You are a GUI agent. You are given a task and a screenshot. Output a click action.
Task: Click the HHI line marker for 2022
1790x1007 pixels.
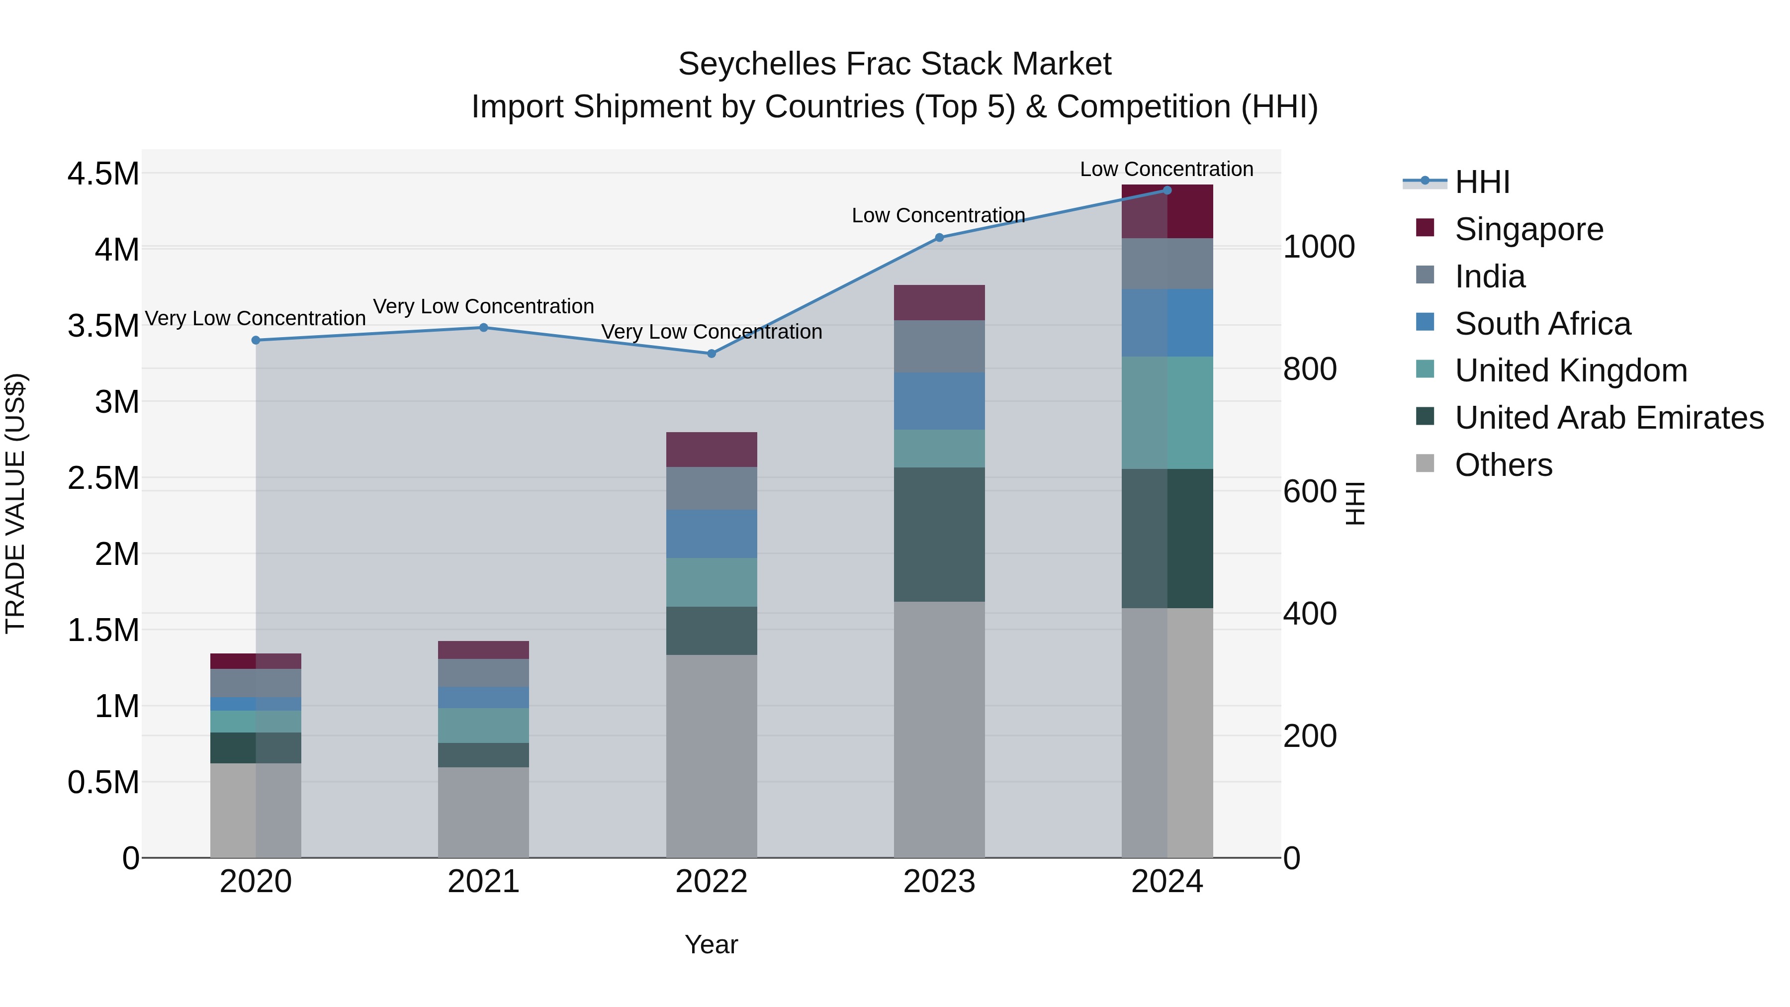click(711, 354)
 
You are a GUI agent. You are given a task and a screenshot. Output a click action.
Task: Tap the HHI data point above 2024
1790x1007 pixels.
click(1166, 190)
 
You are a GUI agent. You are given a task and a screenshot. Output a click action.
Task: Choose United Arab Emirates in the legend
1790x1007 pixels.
click(1609, 418)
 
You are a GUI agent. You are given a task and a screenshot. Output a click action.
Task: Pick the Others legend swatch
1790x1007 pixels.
click(1425, 463)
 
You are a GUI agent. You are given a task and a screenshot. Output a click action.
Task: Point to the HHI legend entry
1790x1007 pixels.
click(1482, 182)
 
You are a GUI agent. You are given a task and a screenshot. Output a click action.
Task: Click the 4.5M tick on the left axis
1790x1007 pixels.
click(103, 174)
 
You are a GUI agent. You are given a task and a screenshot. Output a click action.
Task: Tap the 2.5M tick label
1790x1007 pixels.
click(103, 478)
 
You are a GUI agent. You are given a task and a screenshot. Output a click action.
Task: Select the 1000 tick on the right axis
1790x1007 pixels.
click(1318, 248)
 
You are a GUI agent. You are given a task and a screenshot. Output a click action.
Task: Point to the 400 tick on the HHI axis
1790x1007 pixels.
click(1309, 614)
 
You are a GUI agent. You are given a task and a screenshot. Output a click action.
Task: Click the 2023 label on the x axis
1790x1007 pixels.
click(939, 882)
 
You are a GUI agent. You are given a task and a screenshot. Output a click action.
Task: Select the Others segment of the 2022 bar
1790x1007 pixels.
click(711, 755)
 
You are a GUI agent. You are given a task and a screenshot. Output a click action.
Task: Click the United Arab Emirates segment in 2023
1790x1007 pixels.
click(939, 535)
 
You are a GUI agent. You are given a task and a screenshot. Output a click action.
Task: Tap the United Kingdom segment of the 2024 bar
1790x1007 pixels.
click(1166, 413)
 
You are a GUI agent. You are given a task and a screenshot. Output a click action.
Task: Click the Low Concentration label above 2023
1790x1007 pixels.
click(938, 215)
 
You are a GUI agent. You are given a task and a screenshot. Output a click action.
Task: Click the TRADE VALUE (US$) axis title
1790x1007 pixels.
click(15, 503)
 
